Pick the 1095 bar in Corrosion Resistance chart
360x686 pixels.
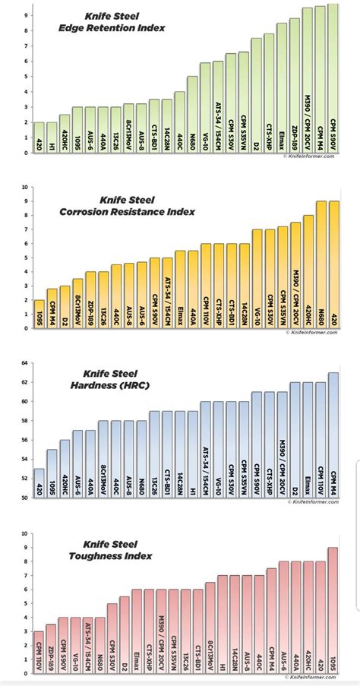coord(39,315)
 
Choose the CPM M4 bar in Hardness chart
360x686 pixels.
coord(332,433)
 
